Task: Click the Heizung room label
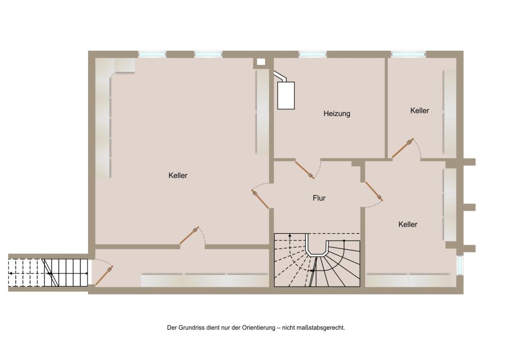point(337,113)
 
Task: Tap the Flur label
point(319,198)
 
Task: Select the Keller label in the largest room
point(178,176)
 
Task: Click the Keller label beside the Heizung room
point(420,111)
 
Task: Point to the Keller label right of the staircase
point(408,224)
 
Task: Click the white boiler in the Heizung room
point(286,95)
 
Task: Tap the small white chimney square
point(261,62)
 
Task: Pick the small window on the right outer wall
point(460,265)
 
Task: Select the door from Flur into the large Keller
point(260,199)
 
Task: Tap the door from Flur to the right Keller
point(374,191)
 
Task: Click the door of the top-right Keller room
point(403,148)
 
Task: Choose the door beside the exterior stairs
point(104,275)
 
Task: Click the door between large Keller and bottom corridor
point(189,235)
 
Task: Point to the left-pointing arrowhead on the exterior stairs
point(11,273)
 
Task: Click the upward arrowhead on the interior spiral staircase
point(290,235)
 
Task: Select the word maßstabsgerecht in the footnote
point(320,328)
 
